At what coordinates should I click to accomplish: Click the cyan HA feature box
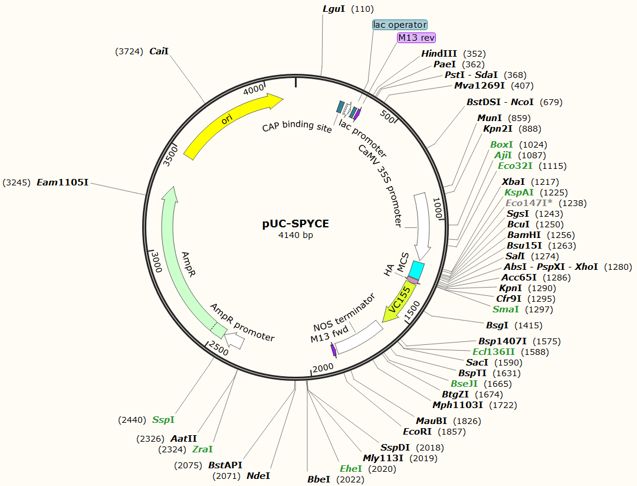[x=417, y=270]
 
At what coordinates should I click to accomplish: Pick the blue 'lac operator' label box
[x=400, y=25]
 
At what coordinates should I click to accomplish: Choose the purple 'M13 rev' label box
[x=416, y=37]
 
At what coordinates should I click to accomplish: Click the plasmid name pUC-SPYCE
[x=295, y=224]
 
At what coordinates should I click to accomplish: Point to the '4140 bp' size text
[x=295, y=235]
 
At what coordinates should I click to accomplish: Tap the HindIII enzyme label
[x=439, y=54]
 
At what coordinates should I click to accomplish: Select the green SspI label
[x=163, y=420]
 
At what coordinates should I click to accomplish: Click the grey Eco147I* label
[x=528, y=203]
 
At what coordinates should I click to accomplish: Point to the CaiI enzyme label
[x=159, y=51]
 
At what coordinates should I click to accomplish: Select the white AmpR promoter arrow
[x=235, y=341]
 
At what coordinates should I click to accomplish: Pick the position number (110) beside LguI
[x=362, y=9]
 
